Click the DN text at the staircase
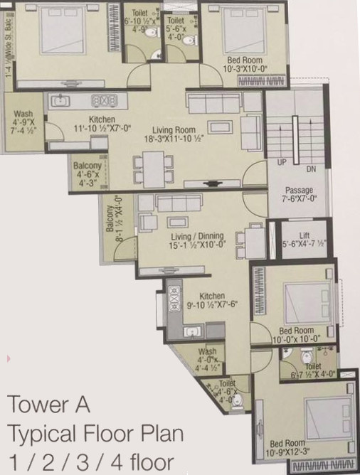pos(311,170)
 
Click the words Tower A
pos(48,405)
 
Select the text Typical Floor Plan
pos(95,432)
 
